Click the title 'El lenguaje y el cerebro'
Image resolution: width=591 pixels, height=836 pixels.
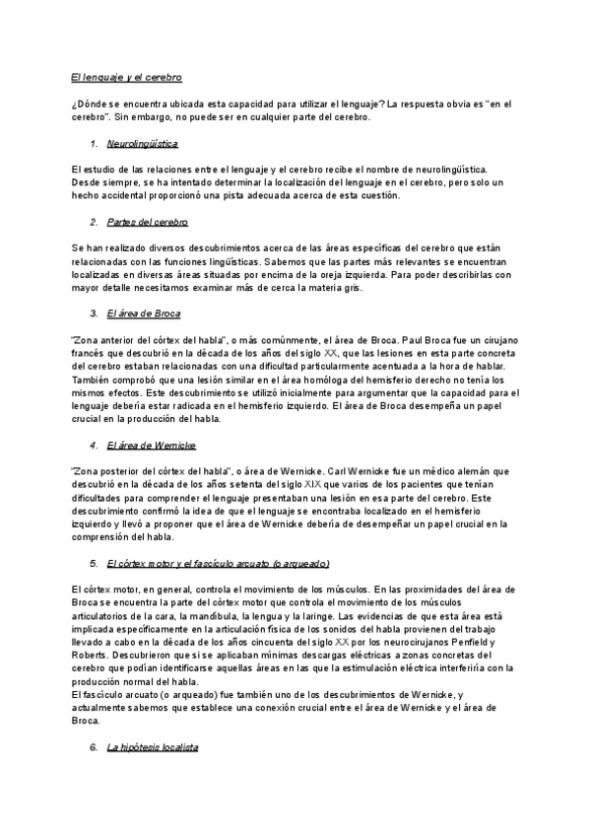127,76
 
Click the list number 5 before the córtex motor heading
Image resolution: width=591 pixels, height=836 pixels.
93,562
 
